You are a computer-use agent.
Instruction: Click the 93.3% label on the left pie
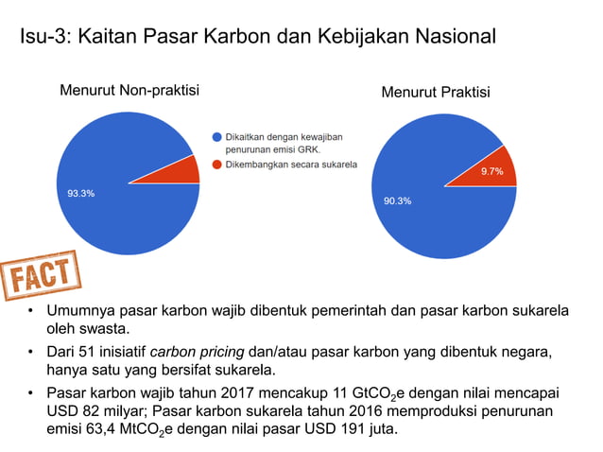click(x=80, y=193)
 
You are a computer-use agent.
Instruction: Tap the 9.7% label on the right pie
click(x=492, y=171)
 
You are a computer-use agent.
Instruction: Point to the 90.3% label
click(x=397, y=200)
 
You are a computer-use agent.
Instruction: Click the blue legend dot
click(x=216, y=137)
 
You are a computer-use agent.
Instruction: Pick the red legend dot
click(x=216, y=165)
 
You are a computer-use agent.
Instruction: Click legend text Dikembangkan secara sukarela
click(x=290, y=165)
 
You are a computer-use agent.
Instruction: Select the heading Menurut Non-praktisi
click(x=129, y=91)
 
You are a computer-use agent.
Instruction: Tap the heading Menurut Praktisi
click(x=436, y=93)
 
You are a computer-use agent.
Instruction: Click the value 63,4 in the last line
click(x=103, y=431)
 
